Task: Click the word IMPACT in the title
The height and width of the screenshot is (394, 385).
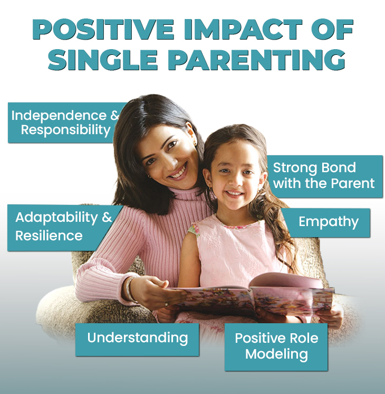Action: coord(243,30)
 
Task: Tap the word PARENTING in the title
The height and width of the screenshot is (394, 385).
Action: coord(256,60)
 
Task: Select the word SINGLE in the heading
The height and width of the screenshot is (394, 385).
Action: coord(103,60)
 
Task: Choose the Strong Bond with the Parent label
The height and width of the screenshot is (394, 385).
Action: coord(325,176)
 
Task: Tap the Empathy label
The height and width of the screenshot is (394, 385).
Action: coord(326,223)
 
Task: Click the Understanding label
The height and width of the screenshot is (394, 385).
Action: coord(137,339)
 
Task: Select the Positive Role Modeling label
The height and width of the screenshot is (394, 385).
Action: coord(276,347)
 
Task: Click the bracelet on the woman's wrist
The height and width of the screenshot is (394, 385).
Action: coord(130,289)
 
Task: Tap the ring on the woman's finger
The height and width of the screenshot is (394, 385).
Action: coord(167,304)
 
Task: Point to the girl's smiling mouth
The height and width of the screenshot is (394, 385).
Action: coord(234,193)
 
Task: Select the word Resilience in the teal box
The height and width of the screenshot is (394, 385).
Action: coord(49,236)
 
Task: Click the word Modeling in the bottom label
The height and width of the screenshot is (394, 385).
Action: coord(276,354)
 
